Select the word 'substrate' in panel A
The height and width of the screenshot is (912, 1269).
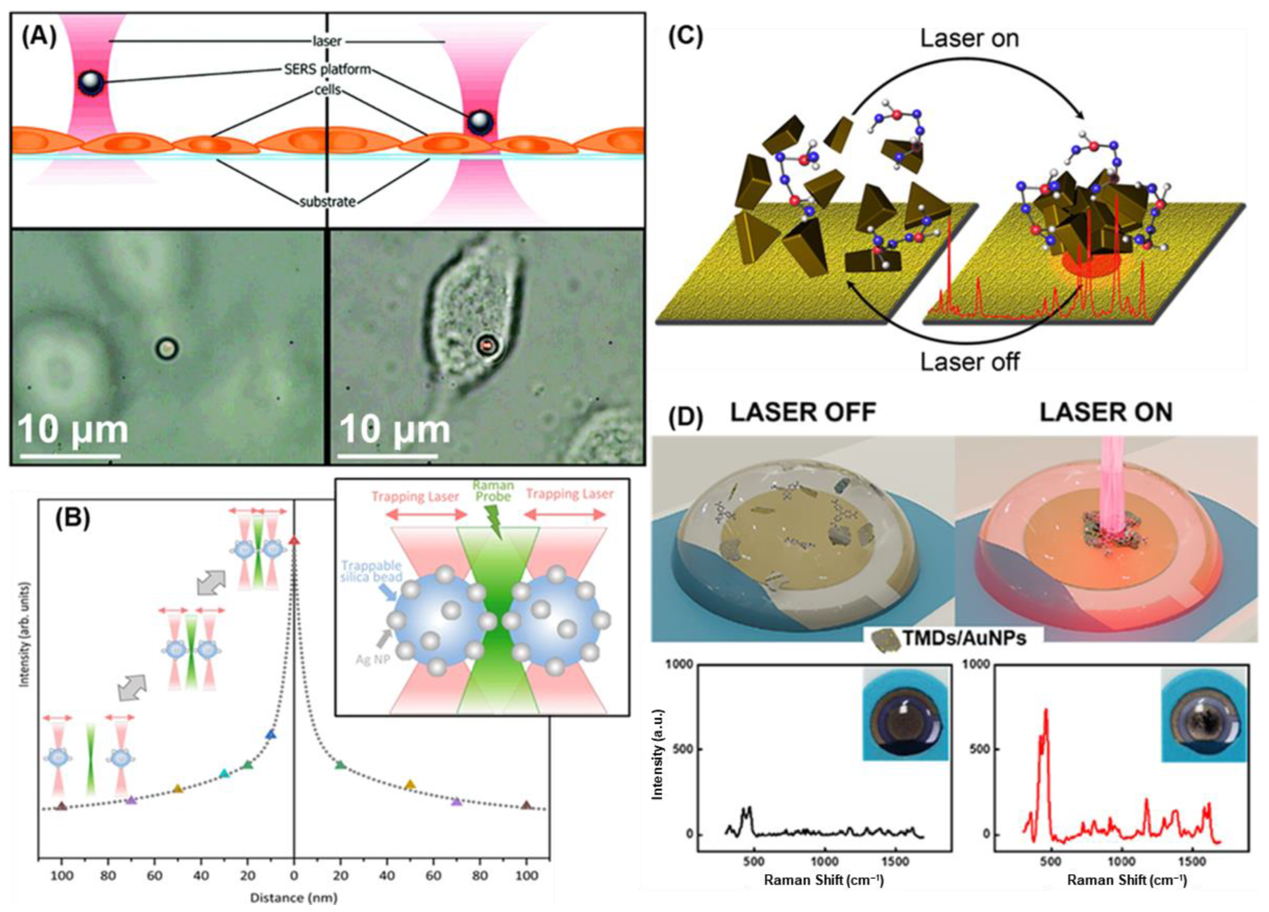tap(327, 202)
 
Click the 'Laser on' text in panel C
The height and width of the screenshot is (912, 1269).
tap(969, 39)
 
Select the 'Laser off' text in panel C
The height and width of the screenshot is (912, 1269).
tap(969, 362)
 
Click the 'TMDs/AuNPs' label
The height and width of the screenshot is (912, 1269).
tap(964, 638)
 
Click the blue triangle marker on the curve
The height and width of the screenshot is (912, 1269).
tap(271, 734)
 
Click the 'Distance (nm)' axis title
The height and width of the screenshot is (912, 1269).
tap(293, 898)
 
